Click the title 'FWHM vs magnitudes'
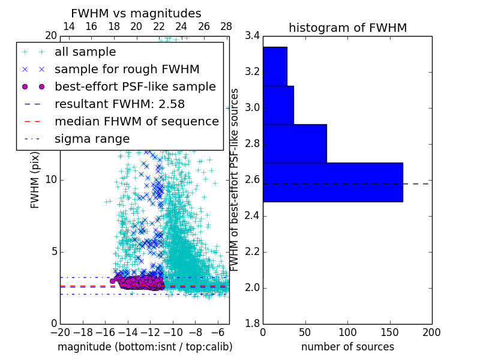pyautogui.click(x=136, y=13)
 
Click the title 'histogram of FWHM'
pyautogui.click(x=347, y=28)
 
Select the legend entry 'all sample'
pyautogui.click(x=85, y=52)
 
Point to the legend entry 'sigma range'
pyautogui.click(x=92, y=139)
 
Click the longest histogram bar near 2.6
pyautogui.click(x=332, y=182)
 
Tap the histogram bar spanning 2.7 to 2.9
pyautogui.click(x=295, y=143)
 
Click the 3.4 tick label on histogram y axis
pyautogui.click(x=253, y=36)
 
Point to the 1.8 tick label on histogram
pyautogui.click(x=253, y=323)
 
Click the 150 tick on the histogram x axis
pyautogui.click(x=389, y=332)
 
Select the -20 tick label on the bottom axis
pyautogui.click(x=60, y=332)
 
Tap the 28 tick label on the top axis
pyautogui.click(x=226, y=26)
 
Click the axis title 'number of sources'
pyautogui.click(x=347, y=347)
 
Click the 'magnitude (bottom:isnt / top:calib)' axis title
pyautogui.click(x=145, y=347)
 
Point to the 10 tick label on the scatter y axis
pyautogui.click(x=50, y=179)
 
